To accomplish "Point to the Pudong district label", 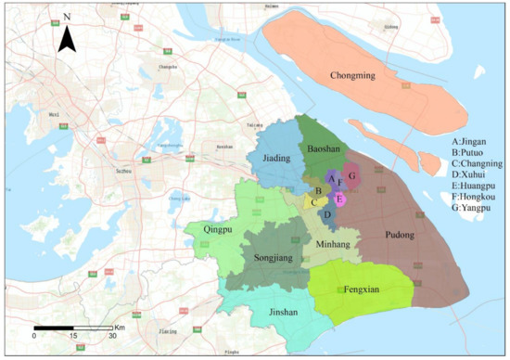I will click(x=401, y=235).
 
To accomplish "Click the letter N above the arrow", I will click(x=67, y=17).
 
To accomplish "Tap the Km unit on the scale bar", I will click(x=120, y=328).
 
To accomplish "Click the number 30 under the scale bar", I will click(x=112, y=336).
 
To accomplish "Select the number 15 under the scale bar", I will click(x=73, y=336).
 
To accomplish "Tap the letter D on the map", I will click(x=327, y=214).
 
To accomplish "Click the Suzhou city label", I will click(x=120, y=172).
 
